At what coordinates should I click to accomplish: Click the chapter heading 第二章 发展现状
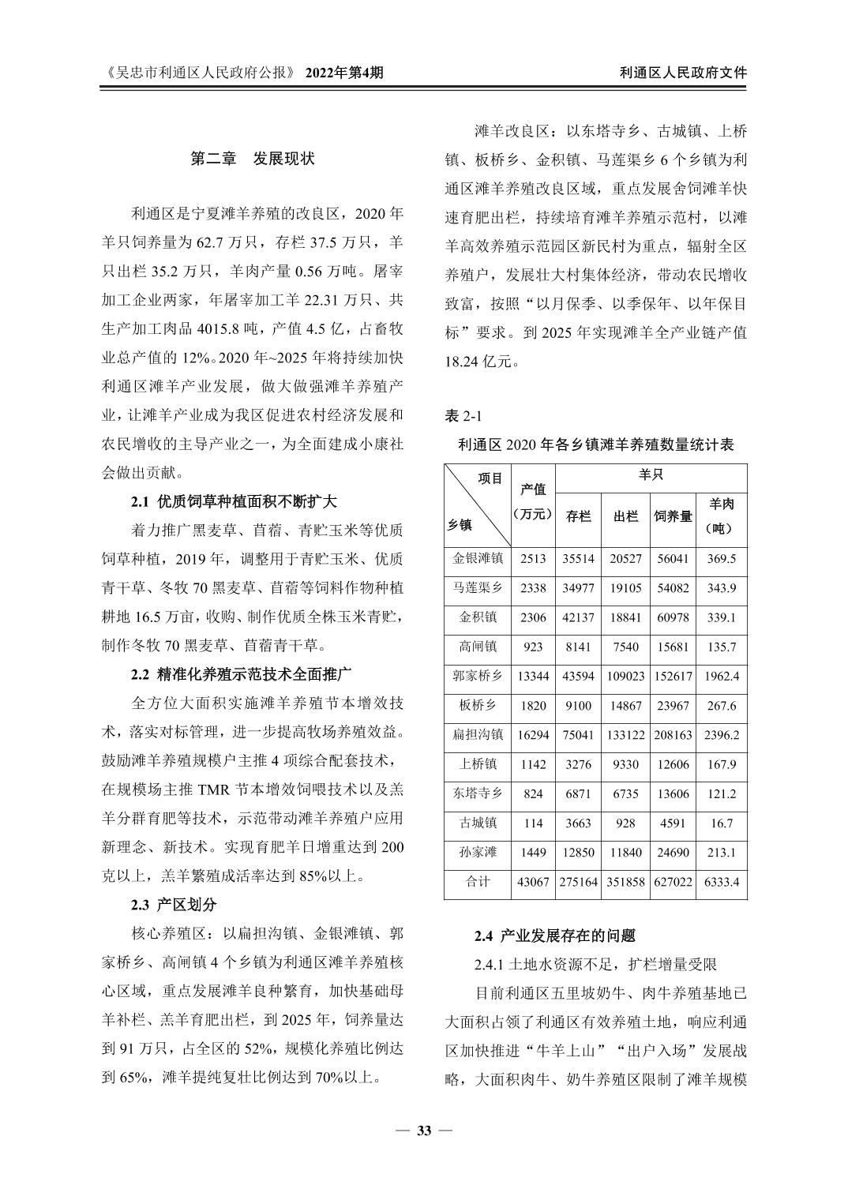[253, 159]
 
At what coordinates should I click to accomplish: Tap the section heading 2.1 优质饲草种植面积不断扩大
[234, 501]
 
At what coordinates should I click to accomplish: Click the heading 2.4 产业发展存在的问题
[554, 936]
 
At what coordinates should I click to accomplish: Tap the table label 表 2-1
[463, 415]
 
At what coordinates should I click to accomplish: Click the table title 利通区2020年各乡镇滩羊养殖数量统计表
[595, 444]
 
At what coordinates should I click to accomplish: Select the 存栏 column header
[578, 516]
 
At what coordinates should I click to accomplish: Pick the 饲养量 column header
[673, 516]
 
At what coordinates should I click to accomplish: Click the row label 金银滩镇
[478, 558]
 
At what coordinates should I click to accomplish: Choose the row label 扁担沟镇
[478, 734]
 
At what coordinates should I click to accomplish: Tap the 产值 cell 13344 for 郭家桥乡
[533, 676]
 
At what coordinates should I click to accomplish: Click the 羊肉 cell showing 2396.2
[722, 734]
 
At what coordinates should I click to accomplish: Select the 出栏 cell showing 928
[625, 823]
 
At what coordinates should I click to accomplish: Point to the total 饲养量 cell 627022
[673, 882]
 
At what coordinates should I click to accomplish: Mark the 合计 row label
[478, 882]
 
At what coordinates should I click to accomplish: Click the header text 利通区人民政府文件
[683, 73]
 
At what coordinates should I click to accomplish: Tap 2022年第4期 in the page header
[344, 73]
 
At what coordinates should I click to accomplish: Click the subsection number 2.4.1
[489, 964]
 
